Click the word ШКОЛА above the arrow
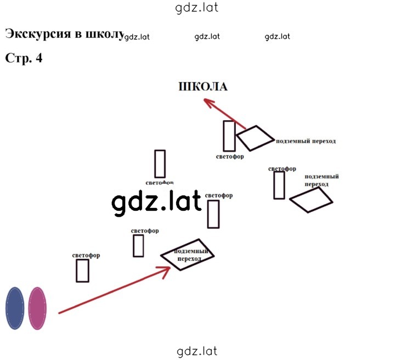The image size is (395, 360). (x=203, y=87)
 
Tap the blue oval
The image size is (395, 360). (x=15, y=308)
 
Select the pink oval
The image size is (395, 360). (x=37, y=308)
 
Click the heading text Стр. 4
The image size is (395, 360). (x=24, y=58)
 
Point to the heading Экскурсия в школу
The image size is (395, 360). (x=65, y=34)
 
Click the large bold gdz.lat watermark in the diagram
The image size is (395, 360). (x=157, y=203)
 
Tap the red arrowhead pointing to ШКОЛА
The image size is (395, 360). (x=209, y=103)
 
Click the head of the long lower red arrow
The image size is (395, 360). (x=166, y=272)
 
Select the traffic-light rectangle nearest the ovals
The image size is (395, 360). (x=82, y=271)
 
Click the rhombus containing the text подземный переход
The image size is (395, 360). (x=188, y=255)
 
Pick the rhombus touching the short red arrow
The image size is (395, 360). (x=255, y=138)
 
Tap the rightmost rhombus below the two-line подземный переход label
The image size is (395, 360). (x=311, y=200)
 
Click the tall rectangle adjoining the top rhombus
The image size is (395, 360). (x=229, y=136)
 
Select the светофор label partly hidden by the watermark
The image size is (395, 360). (x=160, y=183)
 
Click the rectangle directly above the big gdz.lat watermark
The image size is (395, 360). (x=160, y=164)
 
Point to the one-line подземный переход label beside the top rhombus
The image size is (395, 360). (x=306, y=141)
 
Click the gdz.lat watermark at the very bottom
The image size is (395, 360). (x=197, y=351)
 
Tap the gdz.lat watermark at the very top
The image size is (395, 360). (x=196, y=8)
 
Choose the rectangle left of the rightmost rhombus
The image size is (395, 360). (x=279, y=185)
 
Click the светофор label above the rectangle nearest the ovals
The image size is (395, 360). (x=86, y=255)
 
